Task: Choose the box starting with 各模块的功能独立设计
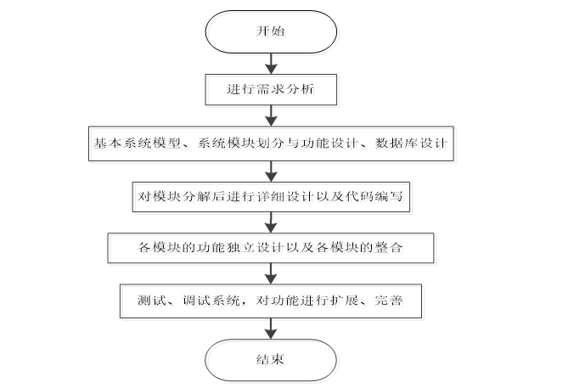click(x=273, y=249)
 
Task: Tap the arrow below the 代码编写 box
click(x=273, y=222)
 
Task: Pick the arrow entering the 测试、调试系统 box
click(x=273, y=273)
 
